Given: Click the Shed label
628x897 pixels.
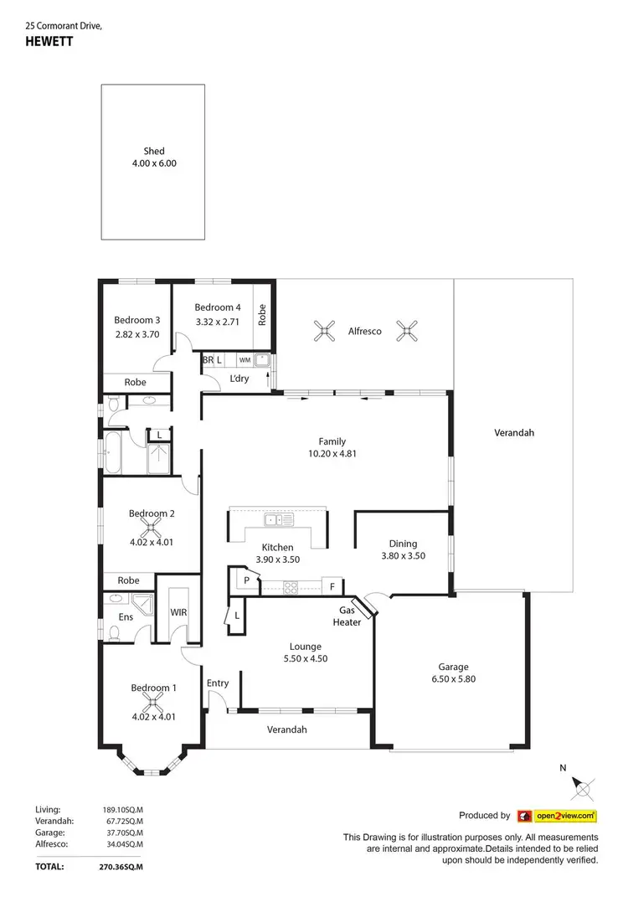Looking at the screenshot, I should click(154, 152).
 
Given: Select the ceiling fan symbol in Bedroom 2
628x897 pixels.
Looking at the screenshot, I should click(152, 528).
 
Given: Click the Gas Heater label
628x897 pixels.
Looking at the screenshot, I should click(349, 616).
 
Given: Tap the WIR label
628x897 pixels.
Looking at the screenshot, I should click(178, 612).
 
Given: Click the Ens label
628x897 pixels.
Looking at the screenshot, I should click(125, 618).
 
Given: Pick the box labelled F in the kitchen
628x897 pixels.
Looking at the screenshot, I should click(332, 586).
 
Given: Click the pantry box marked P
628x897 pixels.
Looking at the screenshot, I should click(247, 580).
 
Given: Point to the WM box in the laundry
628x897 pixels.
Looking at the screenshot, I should click(245, 360).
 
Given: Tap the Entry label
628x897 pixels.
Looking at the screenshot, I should click(218, 683).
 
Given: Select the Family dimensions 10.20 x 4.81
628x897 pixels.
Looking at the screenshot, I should click(332, 455).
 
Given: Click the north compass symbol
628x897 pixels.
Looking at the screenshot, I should click(584, 786).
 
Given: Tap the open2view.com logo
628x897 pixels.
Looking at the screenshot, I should click(557, 815).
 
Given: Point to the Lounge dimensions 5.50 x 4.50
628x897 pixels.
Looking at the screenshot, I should click(306, 658).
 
